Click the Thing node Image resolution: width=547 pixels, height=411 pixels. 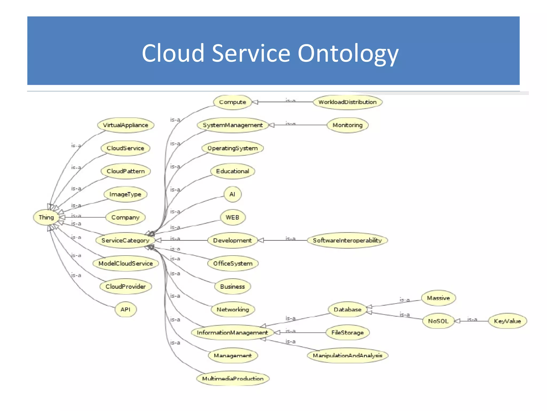coord(46,217)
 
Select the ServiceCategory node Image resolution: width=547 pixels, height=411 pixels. coord(125,240)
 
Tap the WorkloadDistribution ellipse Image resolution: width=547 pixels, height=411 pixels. coord(347,102)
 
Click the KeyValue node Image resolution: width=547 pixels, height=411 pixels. coord(507,321)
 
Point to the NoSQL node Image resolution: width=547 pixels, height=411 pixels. coord(438,321)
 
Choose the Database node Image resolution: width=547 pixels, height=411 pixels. coord(347,310)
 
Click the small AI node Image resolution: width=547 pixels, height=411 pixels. coord(232,194)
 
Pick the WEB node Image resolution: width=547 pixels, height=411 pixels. coord(232,217)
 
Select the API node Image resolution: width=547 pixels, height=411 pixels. coord(125,310)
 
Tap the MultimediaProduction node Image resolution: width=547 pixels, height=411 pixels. coord(233,378)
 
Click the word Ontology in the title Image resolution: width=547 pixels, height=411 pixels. coord(348,54)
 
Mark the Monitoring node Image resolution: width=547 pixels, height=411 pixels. coord(347,125)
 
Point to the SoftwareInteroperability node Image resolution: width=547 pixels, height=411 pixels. coord(347,240)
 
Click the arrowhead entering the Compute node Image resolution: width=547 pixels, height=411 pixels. coord(255,102)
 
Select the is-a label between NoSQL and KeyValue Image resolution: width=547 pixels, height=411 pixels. coord(472,319)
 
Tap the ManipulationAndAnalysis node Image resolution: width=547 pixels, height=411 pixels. coord(347,356)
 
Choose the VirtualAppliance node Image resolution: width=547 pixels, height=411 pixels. coord(125,125)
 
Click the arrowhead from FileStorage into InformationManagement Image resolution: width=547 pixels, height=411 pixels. coord(277,333)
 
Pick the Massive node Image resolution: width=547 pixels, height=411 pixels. coord(438,298)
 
